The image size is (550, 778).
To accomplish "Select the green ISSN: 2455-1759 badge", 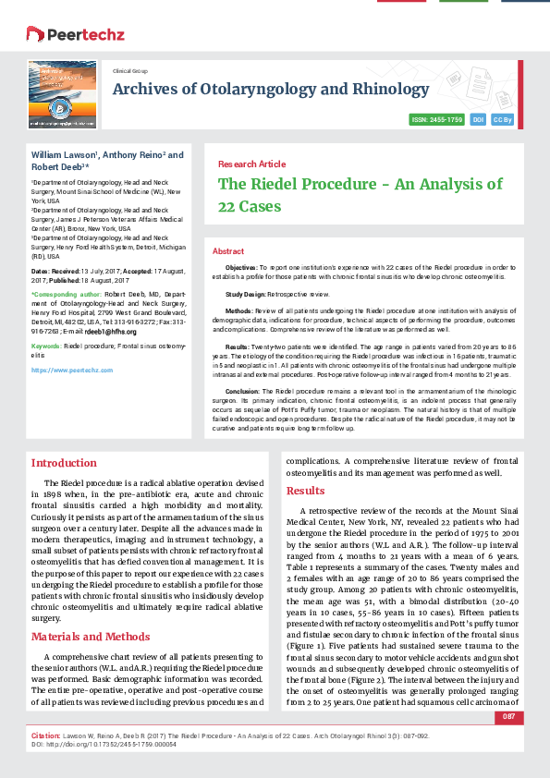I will (436, 120).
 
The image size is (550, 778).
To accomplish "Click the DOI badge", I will (479, 120).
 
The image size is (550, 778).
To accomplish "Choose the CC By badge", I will (503, 120).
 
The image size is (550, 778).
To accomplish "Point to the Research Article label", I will (251, 164).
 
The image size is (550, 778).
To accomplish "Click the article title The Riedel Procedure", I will (360, 194).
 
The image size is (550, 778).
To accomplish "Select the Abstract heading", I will (228, 251).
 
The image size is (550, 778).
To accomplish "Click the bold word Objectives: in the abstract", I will (241, 266).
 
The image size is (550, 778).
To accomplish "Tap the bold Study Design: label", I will (247, 293).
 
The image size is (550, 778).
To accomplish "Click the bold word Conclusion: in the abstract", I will (243, 391).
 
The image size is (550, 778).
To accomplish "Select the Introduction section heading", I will (64, 463).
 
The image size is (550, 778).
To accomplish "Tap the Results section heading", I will (305, 491).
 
